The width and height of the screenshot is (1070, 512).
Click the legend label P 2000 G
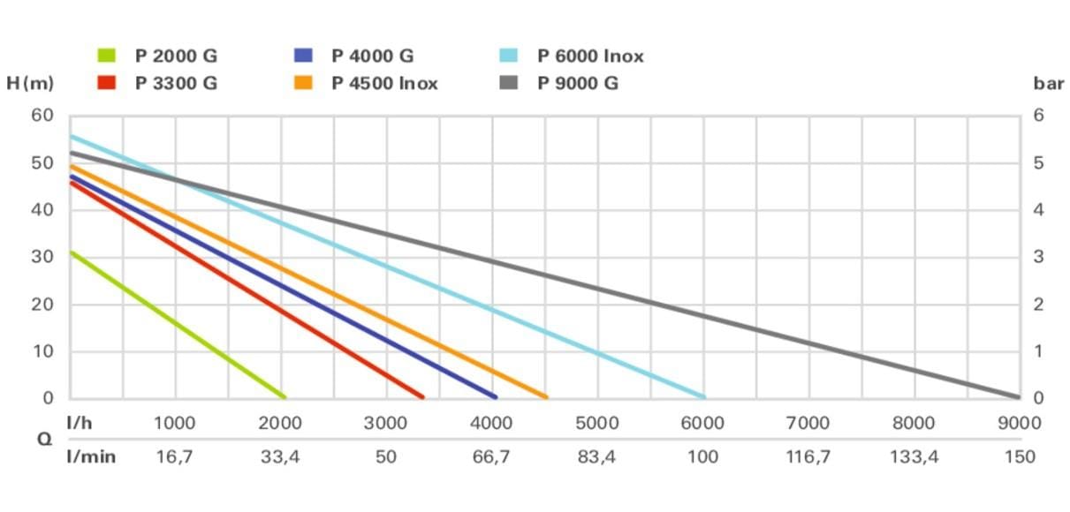tap(176, 56)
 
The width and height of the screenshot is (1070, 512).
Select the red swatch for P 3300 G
tap(106, 83)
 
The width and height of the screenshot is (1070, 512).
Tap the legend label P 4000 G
tap(373, 56)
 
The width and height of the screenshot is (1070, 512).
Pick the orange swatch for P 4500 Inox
tap(303, 83)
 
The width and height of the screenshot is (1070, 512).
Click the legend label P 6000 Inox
tap(590, 56)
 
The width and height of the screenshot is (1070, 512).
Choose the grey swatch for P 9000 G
tap(508, 83)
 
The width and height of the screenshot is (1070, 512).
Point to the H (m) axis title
tap(30, 84)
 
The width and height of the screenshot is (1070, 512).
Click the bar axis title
tap(1049, 84)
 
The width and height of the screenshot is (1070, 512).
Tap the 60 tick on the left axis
tap(42, 115)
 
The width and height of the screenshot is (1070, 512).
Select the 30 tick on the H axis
tap(42, 257)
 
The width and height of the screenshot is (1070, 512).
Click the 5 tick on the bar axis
tap(1038, 162)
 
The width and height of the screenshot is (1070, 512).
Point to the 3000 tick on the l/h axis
tap(385, 423)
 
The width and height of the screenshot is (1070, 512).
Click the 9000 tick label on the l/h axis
tap(1020, 423)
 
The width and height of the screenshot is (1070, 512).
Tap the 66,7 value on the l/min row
tap(491, 456)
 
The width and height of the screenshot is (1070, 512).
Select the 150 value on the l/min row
tap(1020, 456)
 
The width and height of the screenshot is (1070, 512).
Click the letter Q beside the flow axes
tap(44, 439)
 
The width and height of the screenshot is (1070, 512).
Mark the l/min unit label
tap(91, 456)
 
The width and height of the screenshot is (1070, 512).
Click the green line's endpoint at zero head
tap(285, 396)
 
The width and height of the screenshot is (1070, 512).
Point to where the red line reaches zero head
tap(422, 396)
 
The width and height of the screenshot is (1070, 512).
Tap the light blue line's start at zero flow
tap(72, 137)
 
